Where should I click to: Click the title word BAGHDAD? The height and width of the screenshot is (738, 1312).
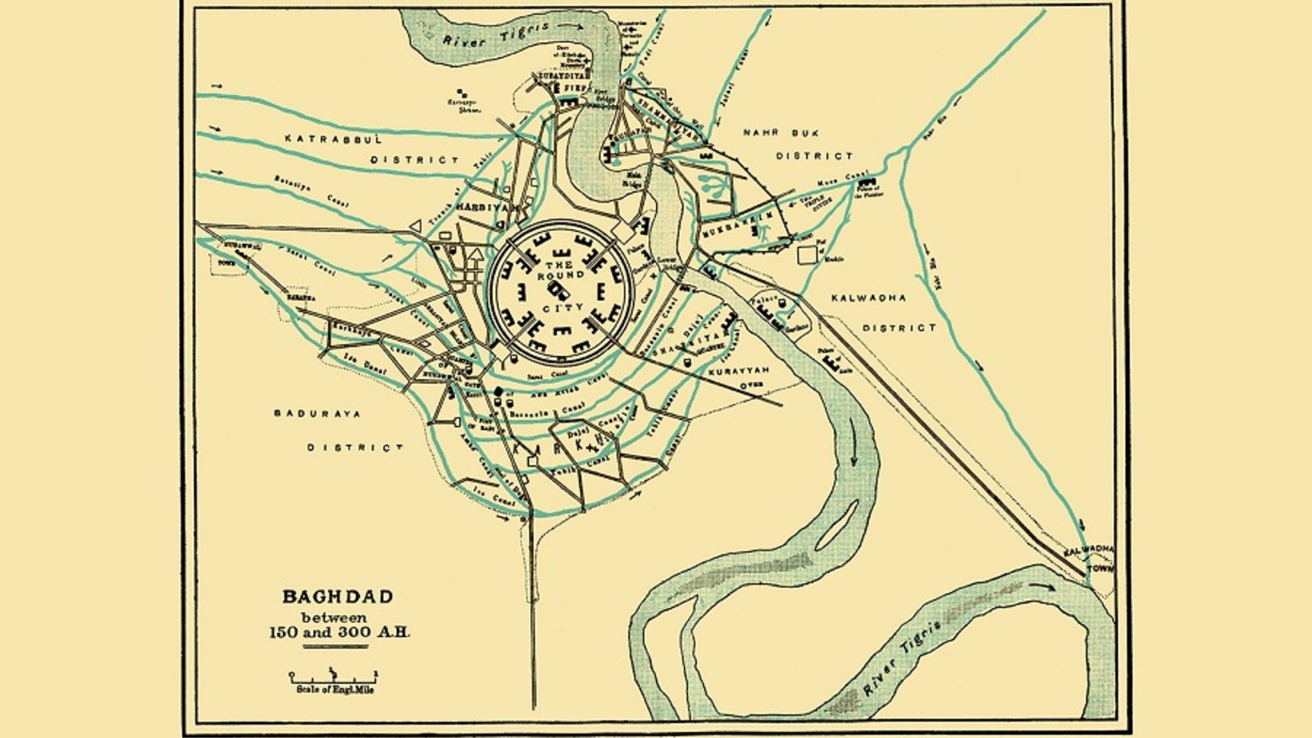pos(338,597)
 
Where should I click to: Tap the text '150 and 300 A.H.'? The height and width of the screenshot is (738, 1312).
pos(339,632)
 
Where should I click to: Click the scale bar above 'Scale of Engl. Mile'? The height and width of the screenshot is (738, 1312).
pos(335,676)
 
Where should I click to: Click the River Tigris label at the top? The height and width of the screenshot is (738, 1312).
pos(495,34)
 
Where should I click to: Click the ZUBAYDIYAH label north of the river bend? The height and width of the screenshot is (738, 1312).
pos(560,75)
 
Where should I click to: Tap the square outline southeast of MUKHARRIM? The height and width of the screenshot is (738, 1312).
pos(809,254)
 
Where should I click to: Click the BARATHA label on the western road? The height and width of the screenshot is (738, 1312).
pos(300,298)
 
